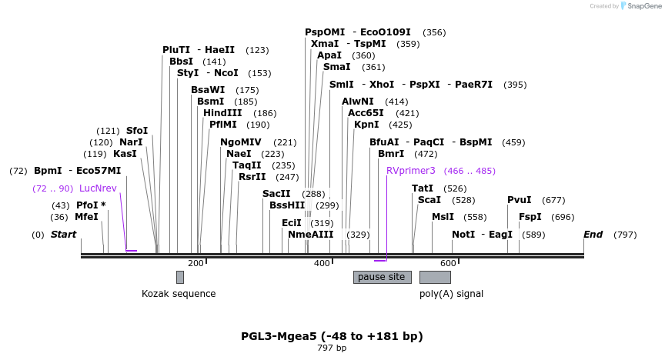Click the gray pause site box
coord(382,277)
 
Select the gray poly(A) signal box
coord(435,277)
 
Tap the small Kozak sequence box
coord(179,277)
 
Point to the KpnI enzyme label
coord(366,125)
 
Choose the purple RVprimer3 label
coord(411,171)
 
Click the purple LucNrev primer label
coord(98,188)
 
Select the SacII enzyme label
coord(276,194)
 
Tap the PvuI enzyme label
coord(519,200)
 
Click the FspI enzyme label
coord(530,217)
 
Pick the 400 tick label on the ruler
coord(322,264)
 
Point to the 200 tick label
coord(195,264)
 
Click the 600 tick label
coord(448,264)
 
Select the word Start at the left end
coord(64,235)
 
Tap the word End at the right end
coord(593,235)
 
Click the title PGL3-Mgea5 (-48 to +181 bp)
coord(332,336)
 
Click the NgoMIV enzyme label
coord(241,142)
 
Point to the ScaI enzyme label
coord(429,200)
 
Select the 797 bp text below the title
coord(332,348)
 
